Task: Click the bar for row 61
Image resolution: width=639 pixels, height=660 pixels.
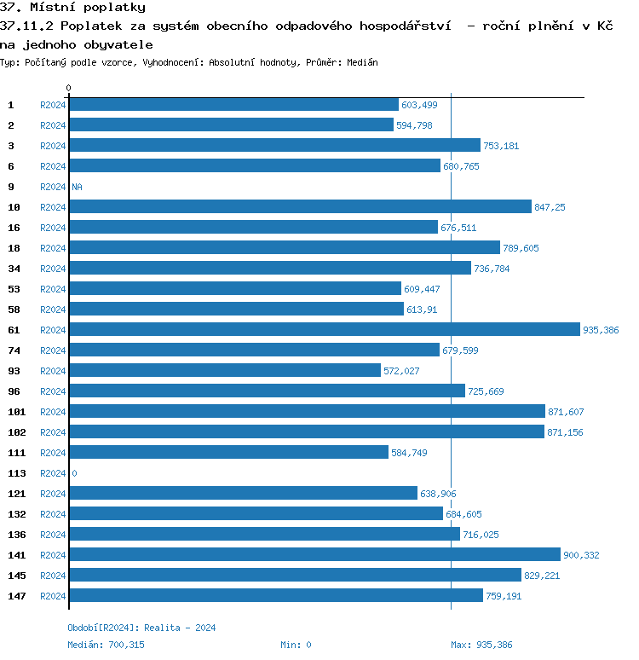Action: (x=324, y=329)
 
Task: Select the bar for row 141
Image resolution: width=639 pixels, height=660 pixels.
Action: (x=314, y=554)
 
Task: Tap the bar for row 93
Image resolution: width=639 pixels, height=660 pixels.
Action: (x=225, y=370)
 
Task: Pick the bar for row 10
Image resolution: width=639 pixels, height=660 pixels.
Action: (x=300, y=206)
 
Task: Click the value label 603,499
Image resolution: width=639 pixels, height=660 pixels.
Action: (x=419, y=105)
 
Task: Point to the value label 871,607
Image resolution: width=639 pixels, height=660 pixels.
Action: (x=566, y=412)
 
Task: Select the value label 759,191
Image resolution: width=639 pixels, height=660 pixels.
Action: (x=504, y=596)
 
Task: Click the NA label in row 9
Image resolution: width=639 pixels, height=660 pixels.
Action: (x=77, y=187)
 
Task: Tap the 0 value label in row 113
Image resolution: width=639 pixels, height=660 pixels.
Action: (x=74, y=473)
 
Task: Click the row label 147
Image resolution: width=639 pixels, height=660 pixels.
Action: (x=16, y=596)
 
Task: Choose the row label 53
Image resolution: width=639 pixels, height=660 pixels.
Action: (x=14, y=289)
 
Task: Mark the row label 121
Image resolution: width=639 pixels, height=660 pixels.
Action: (x=16, y=494)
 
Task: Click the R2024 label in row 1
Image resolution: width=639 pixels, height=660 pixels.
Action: (x=53, y=105)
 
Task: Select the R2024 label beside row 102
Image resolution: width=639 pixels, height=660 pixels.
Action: (x=53, y=432)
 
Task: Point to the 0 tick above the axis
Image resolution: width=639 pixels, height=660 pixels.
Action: (x=69, y=88)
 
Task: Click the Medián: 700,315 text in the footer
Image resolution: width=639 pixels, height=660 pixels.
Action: (x=106, y=645)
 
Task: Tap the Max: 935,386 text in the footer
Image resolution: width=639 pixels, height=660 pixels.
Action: (x=481, y=645)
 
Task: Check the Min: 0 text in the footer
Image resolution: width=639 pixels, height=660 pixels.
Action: (x=296, y=645)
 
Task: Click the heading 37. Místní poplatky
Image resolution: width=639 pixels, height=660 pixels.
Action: (x=72, y=8)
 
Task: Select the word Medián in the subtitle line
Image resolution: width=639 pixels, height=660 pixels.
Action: (x=363, y=62)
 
